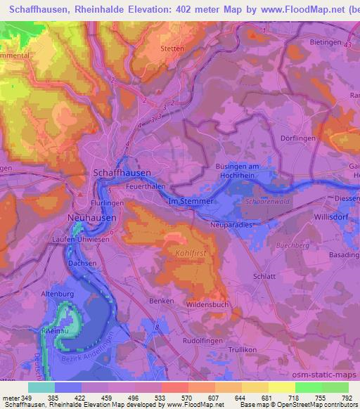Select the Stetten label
172,49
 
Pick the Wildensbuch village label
209,304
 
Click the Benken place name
162,300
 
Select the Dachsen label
82,263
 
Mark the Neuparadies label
231,226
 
